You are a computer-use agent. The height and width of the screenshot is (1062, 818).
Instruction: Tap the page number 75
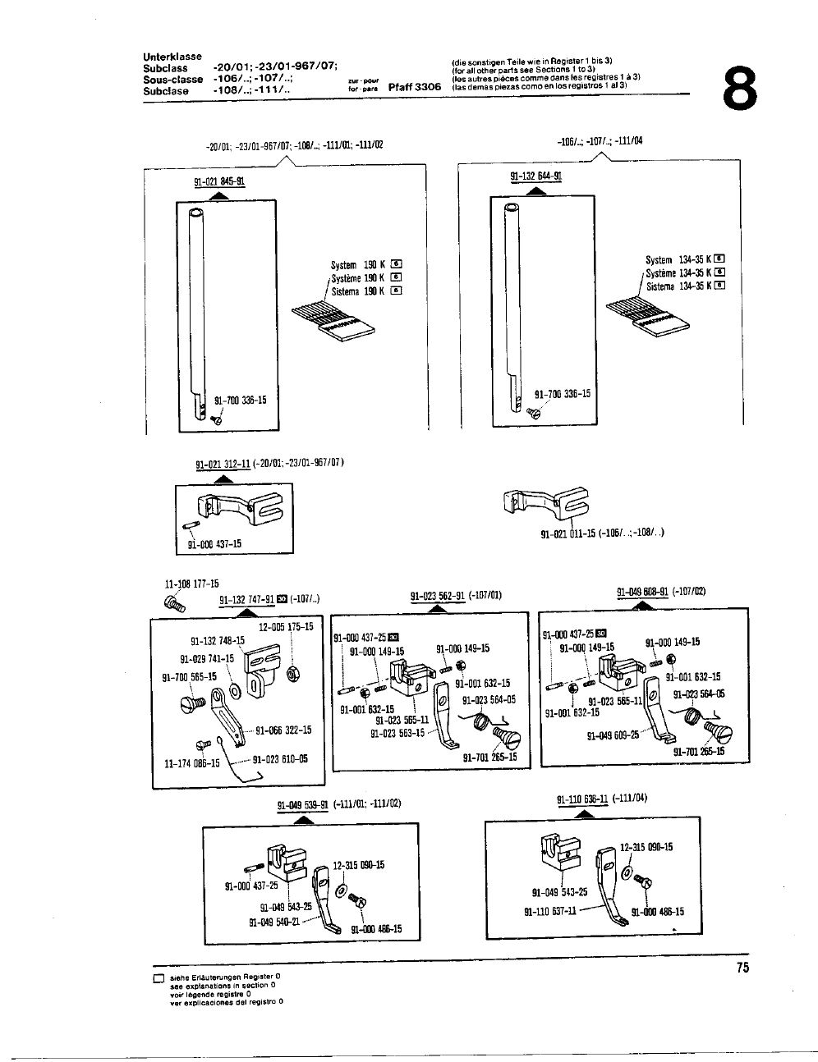coord(742,968)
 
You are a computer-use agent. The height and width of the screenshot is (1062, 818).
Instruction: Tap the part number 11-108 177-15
coord(192,584)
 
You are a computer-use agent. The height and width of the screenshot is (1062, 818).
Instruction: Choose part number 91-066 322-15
coord(283,729)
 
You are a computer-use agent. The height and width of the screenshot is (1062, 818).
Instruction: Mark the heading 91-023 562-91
coord(439,597)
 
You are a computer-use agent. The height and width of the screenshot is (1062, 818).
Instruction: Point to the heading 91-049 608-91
coord(642,591)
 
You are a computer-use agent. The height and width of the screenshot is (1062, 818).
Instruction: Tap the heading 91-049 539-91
coord(304,803)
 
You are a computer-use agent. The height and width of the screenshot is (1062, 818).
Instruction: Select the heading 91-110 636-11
coord(581,798)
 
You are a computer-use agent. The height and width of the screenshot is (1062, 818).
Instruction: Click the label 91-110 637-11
coord(550,911)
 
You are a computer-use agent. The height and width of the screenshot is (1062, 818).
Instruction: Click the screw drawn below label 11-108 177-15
coord(176,603)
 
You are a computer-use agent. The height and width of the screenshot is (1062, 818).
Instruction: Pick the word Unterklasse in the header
coord(172,57)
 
